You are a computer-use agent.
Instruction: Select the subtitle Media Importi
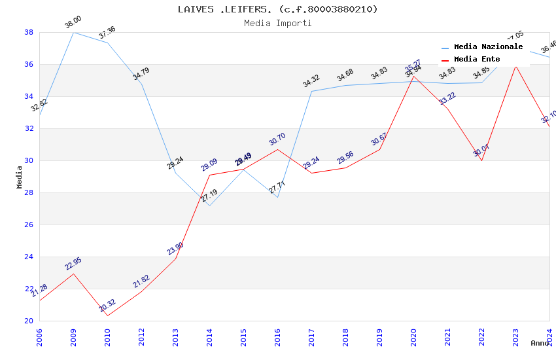coord(277,24)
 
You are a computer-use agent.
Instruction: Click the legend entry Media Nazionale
coord(488,47)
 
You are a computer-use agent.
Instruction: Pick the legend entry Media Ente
coord(477,60)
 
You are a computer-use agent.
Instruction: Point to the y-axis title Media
coord(20,177)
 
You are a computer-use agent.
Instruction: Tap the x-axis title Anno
coord(540,343)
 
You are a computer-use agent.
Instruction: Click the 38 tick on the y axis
coord(29,32)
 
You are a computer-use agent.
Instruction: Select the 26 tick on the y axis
coord(29,225)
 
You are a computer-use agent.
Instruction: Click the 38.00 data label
coord(73,24)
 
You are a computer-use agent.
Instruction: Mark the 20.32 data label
coord(107,305)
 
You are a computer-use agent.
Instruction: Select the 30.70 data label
coord(277,139)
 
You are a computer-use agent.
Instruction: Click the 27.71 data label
coord(277,187)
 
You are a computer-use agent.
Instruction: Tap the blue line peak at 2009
coord(73,32)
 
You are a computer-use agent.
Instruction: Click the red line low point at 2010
coord(107,315)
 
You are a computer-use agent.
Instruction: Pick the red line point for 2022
coord(481,160)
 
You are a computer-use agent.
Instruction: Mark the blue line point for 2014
coord(209,206)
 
